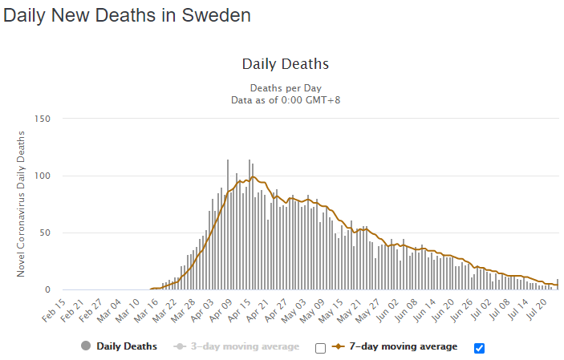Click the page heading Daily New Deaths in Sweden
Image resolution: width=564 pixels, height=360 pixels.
[x=127, y=15]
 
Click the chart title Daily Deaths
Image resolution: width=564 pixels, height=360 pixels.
[x=285, y=64]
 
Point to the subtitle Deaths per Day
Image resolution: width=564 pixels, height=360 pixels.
[x=285, y=87]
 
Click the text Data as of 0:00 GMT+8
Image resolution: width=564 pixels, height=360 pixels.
[x=285, y=99]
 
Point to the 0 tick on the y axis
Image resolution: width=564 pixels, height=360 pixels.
[x=48, y=290]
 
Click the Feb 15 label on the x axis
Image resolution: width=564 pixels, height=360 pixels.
[x=55, y=308]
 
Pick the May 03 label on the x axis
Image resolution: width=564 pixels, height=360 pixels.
[x=294, y=308]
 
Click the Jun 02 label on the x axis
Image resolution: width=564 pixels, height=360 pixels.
[x=388, y=308]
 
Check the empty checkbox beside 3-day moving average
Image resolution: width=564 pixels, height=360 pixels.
[x=321, y=348]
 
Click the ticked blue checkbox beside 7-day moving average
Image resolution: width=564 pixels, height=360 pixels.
[x=480, y=348]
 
